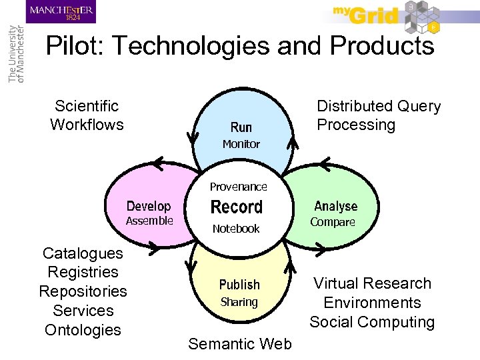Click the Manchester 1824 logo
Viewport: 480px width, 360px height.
click(61, 12)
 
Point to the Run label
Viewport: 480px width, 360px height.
click(241, 127)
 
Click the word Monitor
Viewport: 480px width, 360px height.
click(241, 144)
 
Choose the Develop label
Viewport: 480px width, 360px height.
click(149, 207)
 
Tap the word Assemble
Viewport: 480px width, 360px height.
click(149, 221)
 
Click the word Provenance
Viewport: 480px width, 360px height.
click(238, 187)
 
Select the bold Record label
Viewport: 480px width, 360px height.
click(237, 207)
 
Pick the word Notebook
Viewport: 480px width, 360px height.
click(236, 229)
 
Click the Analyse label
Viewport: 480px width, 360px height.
click(335, 207)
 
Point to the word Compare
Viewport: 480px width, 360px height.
click(333, 222)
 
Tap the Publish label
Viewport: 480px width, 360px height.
click(239, 285)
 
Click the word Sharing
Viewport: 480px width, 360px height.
click(239, 302)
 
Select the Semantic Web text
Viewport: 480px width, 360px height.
click(240, 344)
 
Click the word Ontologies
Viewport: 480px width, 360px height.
click(83, 330)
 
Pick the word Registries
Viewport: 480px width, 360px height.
click(83, 272)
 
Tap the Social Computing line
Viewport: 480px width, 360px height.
click(372, 322)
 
